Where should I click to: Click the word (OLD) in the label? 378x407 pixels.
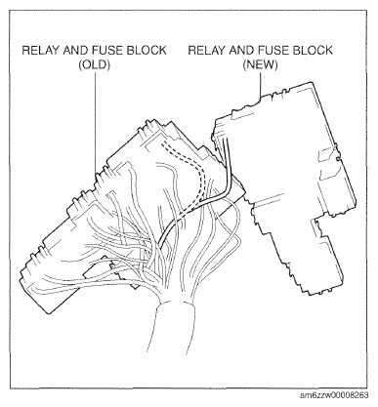(95, 65)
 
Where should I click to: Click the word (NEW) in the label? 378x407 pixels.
(261, 65)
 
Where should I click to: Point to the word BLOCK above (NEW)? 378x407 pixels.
(313, 51)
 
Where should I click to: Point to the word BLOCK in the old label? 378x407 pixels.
(147, 51)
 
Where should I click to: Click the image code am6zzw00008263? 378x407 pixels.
(334, 395)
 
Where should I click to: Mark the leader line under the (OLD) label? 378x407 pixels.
(95, 124)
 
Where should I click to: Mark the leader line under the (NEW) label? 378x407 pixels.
(260, 85)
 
